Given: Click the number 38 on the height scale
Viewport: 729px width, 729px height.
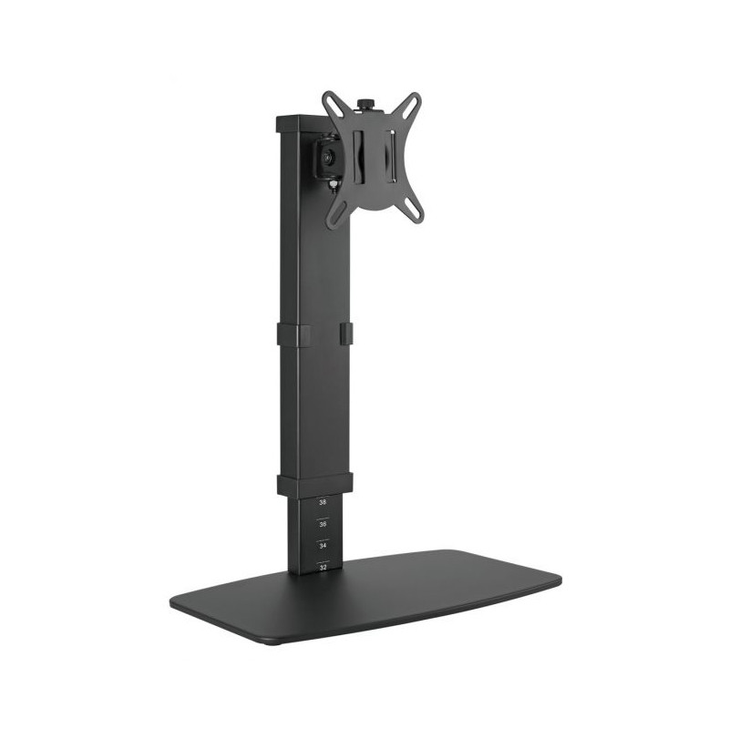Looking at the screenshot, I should (322, 501).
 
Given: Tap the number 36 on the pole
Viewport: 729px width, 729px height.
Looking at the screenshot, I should (322, 524).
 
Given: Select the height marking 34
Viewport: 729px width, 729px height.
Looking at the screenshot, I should (322, 545).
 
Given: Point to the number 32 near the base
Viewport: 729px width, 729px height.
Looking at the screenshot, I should (322, 567).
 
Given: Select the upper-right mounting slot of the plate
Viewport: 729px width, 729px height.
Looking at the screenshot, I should (413, 104).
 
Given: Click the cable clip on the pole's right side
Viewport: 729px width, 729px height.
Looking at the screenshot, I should (346, 334).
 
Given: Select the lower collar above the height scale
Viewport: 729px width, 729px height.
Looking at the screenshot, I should (313, 484).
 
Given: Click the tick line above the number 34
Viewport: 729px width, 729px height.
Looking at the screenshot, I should (322, 537).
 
